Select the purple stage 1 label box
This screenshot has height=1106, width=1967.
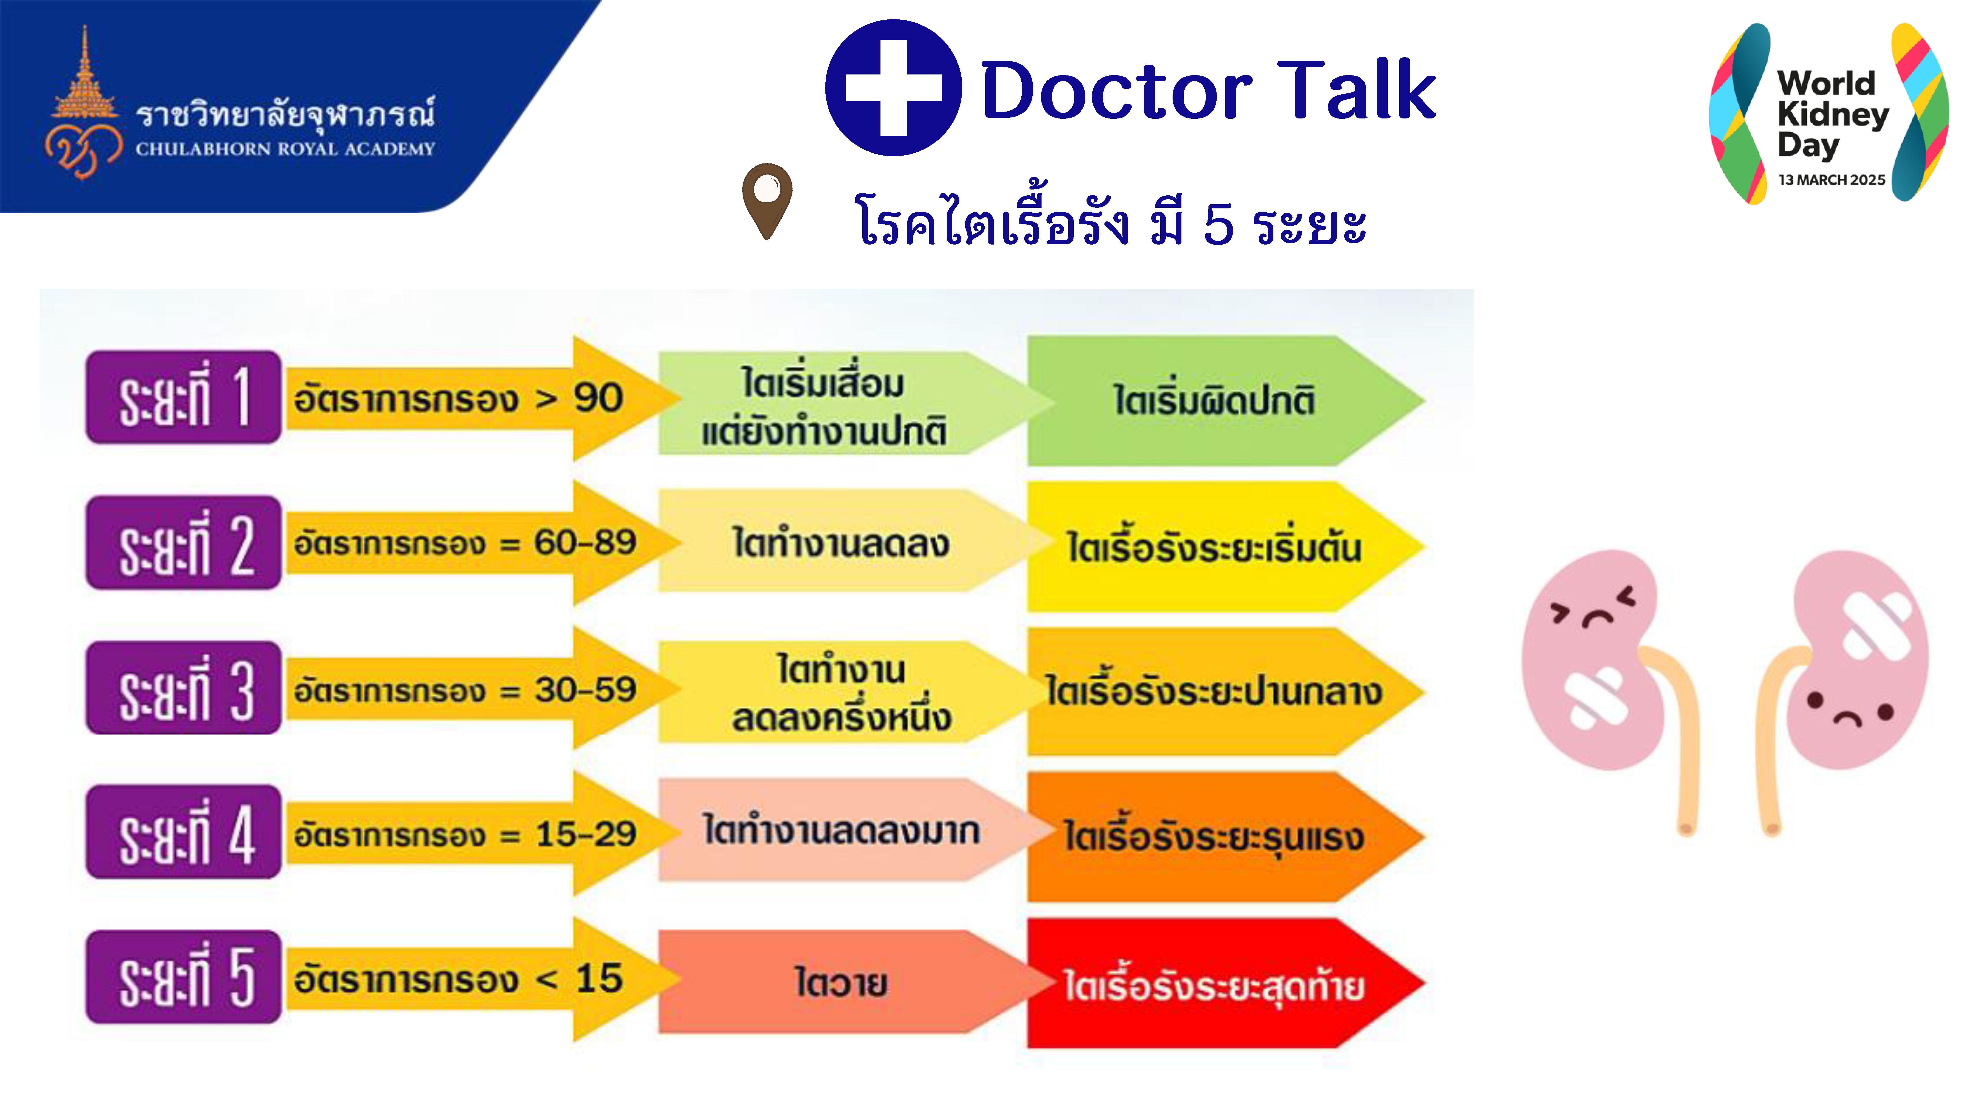[183, 397]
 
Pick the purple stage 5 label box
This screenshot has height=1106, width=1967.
[183, 977]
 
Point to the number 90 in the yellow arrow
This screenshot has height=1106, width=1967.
[599, 398]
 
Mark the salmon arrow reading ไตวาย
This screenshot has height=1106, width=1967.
[848, 982]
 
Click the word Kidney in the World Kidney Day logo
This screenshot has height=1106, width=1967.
[1833, 115]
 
